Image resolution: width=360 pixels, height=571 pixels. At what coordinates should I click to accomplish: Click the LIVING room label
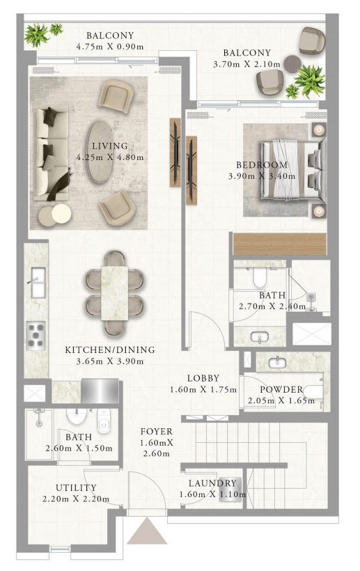110,146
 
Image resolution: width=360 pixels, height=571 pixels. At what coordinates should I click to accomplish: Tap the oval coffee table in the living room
100,152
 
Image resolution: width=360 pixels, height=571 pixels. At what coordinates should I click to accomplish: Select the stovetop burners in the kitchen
36,336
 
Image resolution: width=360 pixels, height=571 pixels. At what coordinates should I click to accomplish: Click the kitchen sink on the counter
38,283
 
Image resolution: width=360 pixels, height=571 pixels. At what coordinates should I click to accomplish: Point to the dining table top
115,293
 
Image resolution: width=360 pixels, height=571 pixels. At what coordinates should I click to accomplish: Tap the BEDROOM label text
262,165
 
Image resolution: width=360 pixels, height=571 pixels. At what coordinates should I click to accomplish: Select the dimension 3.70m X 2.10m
246,65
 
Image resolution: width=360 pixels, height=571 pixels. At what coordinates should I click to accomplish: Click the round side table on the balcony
292,64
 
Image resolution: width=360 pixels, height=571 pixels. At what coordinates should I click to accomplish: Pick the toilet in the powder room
313,392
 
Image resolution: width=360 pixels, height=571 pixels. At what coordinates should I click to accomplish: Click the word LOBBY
203,378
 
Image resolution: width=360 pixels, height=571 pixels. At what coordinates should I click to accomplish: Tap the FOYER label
157,432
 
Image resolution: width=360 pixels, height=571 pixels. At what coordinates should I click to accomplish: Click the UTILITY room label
76,487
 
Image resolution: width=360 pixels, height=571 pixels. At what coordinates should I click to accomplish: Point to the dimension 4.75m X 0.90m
110,47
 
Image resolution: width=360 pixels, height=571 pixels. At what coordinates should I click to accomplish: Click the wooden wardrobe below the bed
279,244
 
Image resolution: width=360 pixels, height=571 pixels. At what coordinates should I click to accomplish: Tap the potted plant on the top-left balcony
37,35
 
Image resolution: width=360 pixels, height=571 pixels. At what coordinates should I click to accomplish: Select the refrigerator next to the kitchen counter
100,391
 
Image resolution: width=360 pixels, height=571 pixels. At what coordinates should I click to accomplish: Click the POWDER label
281,389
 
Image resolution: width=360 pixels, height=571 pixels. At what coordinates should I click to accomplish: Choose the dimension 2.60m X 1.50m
79,448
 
